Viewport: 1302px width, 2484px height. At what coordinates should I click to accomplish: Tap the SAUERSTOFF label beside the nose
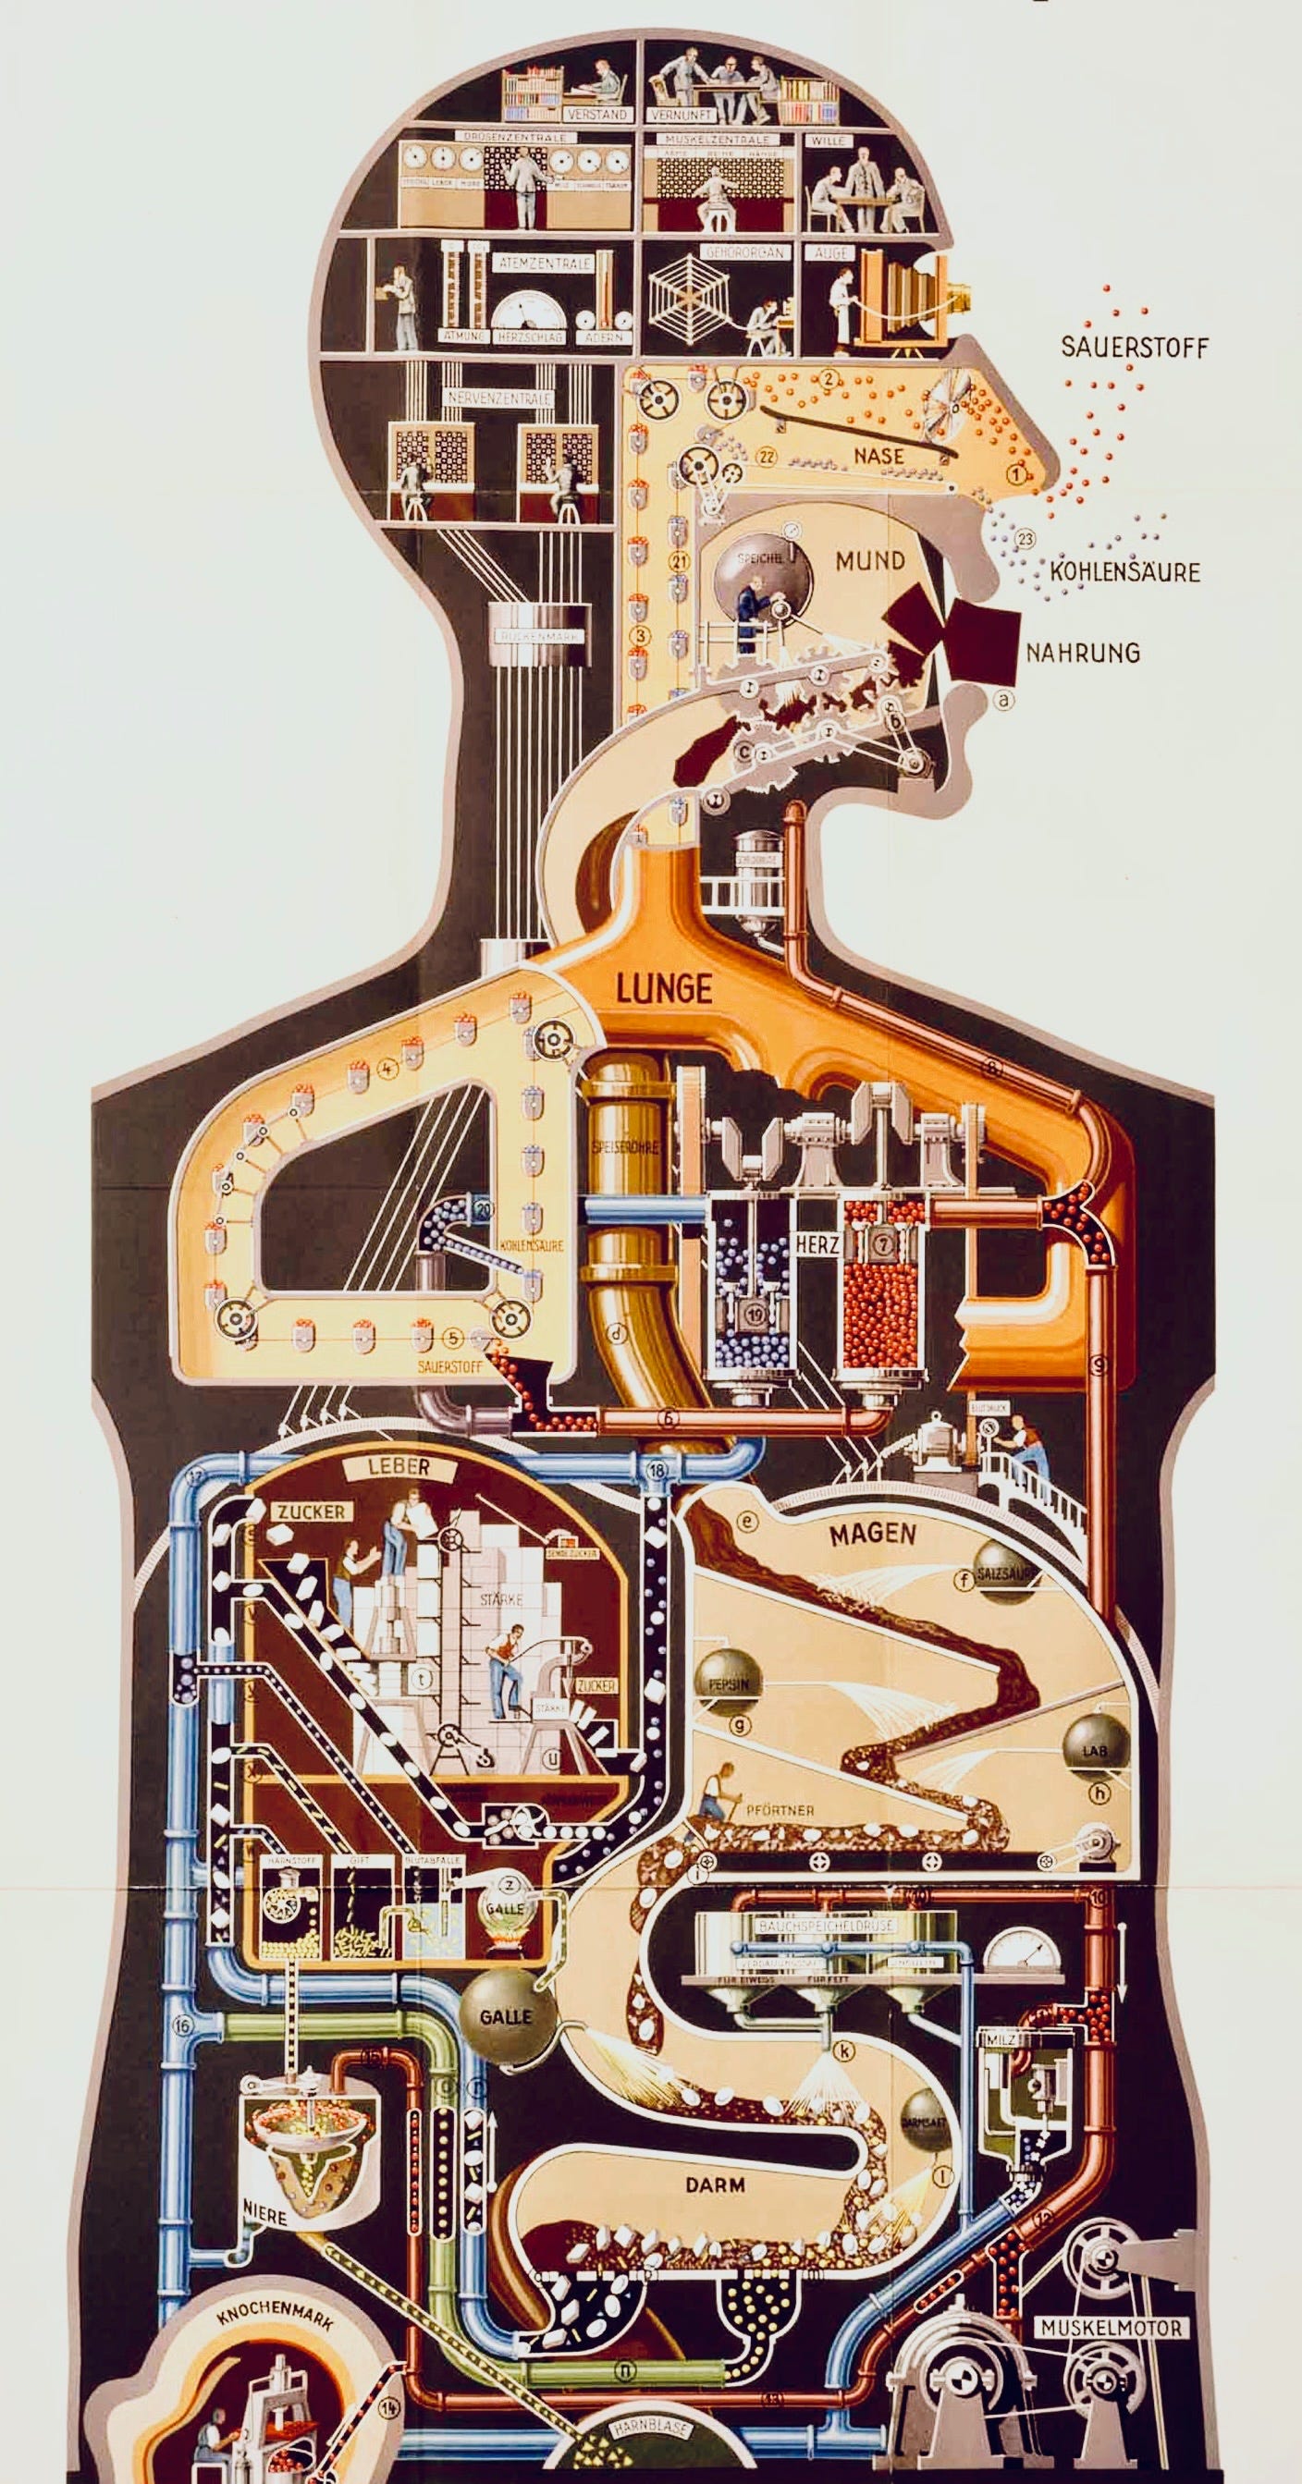[1133, 348]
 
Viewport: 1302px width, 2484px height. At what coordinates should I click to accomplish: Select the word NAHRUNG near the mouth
[1082, 653]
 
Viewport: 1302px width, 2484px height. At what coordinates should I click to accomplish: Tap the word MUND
[870, 560]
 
